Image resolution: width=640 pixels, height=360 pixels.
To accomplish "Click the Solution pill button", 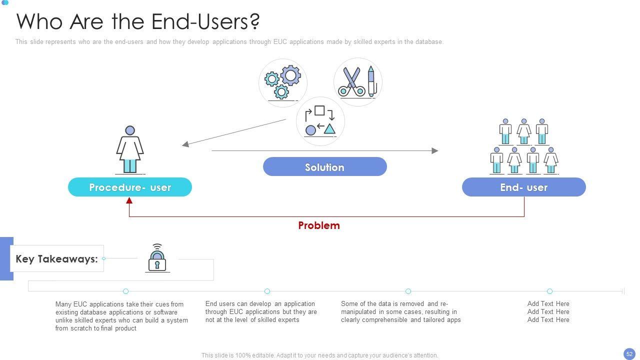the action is [x=324, y=167].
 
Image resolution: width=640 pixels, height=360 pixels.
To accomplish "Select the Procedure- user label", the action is [x=130, y=187].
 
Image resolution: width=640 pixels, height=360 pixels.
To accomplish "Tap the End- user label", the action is [x=523, y=187].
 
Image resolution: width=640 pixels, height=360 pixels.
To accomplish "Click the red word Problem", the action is [x=319, y=225].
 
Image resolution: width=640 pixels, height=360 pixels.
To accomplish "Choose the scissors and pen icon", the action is [x=357, y=82].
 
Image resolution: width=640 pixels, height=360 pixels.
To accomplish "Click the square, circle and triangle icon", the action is [x=320, y=121].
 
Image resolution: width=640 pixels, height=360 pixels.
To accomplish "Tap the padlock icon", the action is [x=157, y=258].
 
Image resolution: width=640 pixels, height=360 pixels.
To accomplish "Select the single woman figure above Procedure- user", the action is [x=130, y=149].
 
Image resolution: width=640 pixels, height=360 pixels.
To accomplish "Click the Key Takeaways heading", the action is [x=56, y=259].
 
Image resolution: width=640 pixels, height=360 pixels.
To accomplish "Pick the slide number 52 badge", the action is [x=629, y=353].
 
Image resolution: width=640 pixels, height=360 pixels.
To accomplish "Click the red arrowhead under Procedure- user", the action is [x=129, y=200].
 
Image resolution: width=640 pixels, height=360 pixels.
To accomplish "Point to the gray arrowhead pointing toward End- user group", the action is [x=435, y=150].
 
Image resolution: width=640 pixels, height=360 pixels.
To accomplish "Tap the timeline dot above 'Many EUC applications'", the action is [x=125, y=291].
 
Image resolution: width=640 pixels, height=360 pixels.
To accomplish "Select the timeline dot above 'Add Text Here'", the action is [x=549, y=291].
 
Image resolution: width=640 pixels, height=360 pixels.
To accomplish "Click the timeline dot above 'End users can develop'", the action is [x=267, y=291].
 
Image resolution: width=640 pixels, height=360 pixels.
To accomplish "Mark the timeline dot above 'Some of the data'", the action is [x=408, y=291].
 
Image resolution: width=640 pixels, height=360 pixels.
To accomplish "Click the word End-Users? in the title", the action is [x=205, y=22].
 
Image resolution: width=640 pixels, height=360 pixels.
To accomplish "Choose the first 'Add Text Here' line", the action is [x=548, y=303].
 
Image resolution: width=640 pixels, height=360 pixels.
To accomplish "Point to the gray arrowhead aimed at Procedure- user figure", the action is [x=185, y=144].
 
